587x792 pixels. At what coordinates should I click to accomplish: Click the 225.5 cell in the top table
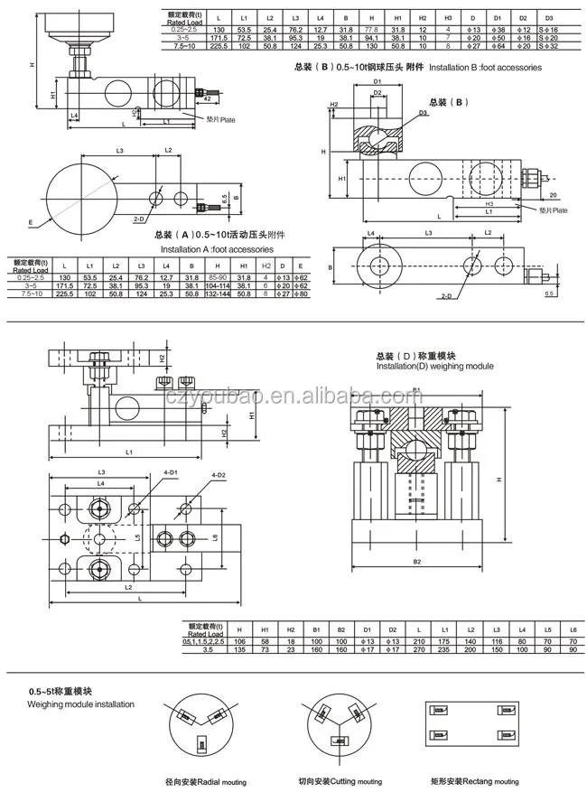click(219, 45)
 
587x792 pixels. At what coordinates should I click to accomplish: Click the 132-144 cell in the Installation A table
click(218, 294)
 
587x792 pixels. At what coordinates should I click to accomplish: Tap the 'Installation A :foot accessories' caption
click(216, 248)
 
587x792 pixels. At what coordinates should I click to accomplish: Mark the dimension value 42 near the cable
click(181, 100)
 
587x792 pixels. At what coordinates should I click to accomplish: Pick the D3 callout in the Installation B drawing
click(423, 113)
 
